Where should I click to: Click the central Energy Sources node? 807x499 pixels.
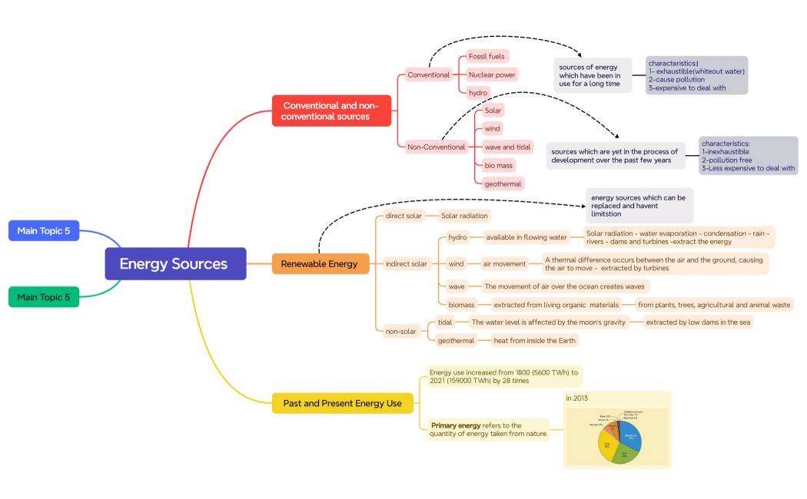click(x=175, y=263)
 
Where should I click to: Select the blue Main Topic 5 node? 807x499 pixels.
click(x=44, y=230)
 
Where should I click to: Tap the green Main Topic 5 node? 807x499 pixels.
click(x=44, y=296)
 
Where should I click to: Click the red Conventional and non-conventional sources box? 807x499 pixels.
click(x=331, y=111)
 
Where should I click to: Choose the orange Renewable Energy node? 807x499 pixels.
click(x=319, y=263)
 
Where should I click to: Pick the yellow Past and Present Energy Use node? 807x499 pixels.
click(x=342, y=403)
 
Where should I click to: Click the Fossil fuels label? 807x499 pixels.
click(x=487, y=56)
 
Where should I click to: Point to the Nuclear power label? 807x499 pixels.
click(x=492, y=74)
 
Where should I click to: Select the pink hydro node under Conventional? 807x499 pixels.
click(x=478, y=92)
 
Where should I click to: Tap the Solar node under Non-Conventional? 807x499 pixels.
click(x=493, y=111)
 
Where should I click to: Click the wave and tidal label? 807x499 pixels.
click(x=507, y=147)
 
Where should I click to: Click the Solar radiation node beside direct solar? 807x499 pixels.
click(x=464, y=216)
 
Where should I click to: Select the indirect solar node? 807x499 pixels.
click(x=407, y=263)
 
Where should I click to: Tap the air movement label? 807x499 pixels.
click(x=504, y=263)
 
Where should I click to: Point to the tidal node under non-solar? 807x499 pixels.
click(x=445, y=322)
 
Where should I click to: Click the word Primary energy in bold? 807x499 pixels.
click(x=456, y=425)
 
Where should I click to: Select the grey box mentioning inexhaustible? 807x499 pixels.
click(x=748, y=155)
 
